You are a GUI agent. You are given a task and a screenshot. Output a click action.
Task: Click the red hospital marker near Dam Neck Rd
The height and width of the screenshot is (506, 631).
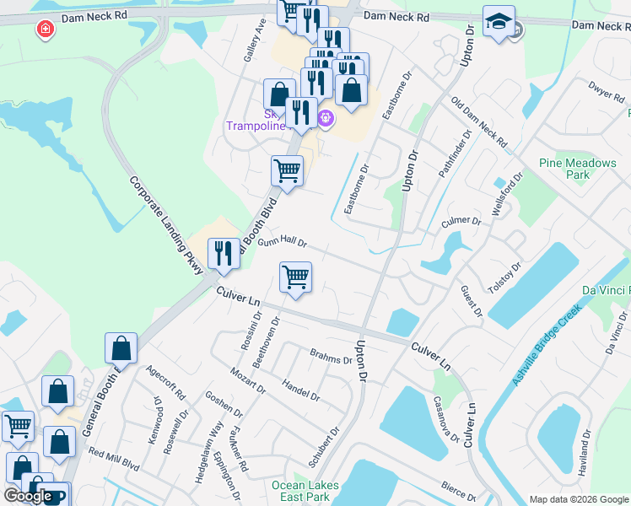coord(44,30)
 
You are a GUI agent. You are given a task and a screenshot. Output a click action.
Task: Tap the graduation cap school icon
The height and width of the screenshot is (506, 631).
coord(499,22)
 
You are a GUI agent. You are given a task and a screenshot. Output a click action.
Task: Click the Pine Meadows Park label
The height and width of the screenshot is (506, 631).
coord(577,169)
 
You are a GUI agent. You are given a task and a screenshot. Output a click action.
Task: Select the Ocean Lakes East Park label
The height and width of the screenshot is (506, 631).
coord(305,492)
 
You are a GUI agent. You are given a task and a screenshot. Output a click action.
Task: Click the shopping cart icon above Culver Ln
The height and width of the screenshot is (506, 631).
coord(295,277)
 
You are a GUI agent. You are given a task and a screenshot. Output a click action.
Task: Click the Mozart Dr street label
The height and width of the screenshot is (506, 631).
coord(248,380)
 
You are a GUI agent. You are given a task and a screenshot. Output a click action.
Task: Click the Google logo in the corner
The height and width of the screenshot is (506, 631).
coord(28,496)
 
